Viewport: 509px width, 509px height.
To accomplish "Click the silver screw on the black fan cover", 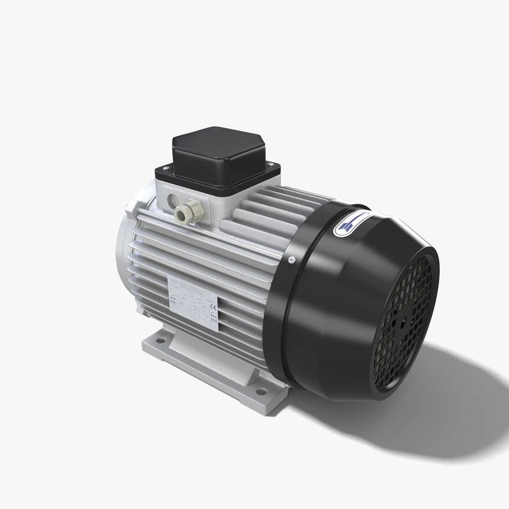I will point(292,258).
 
